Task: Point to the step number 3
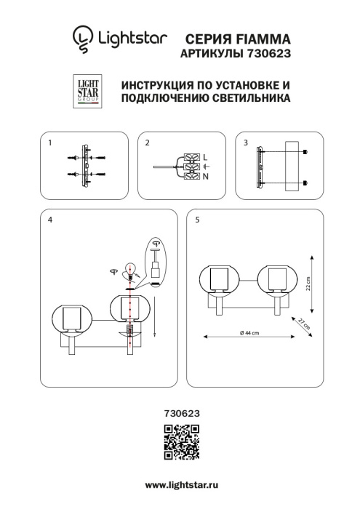click(x=246, y=143)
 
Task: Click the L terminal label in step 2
click(x=205, y=156)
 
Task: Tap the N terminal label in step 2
click(x=205, y=177)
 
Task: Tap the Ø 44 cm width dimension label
click(x=249, y=334)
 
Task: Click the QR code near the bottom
click(x=180, y=443)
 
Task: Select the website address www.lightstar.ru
click(x=180, y=484)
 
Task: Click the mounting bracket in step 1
click(x=86, y=165)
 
